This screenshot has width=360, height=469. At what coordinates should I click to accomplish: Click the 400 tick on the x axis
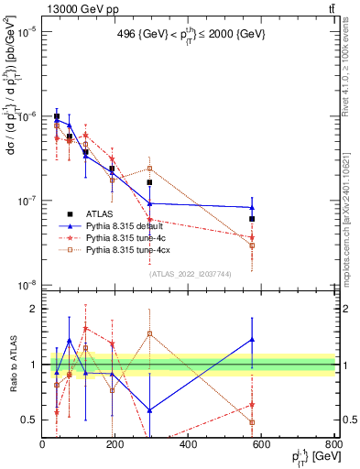tap(189, 444)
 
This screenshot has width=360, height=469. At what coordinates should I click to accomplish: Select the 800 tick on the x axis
tap(334, 444)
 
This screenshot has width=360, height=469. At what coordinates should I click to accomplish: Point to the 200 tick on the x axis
tap(115, 444)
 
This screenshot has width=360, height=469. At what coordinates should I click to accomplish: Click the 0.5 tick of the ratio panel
tap(29, 420)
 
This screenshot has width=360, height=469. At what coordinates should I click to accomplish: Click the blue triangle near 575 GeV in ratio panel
tap(252, 340)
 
